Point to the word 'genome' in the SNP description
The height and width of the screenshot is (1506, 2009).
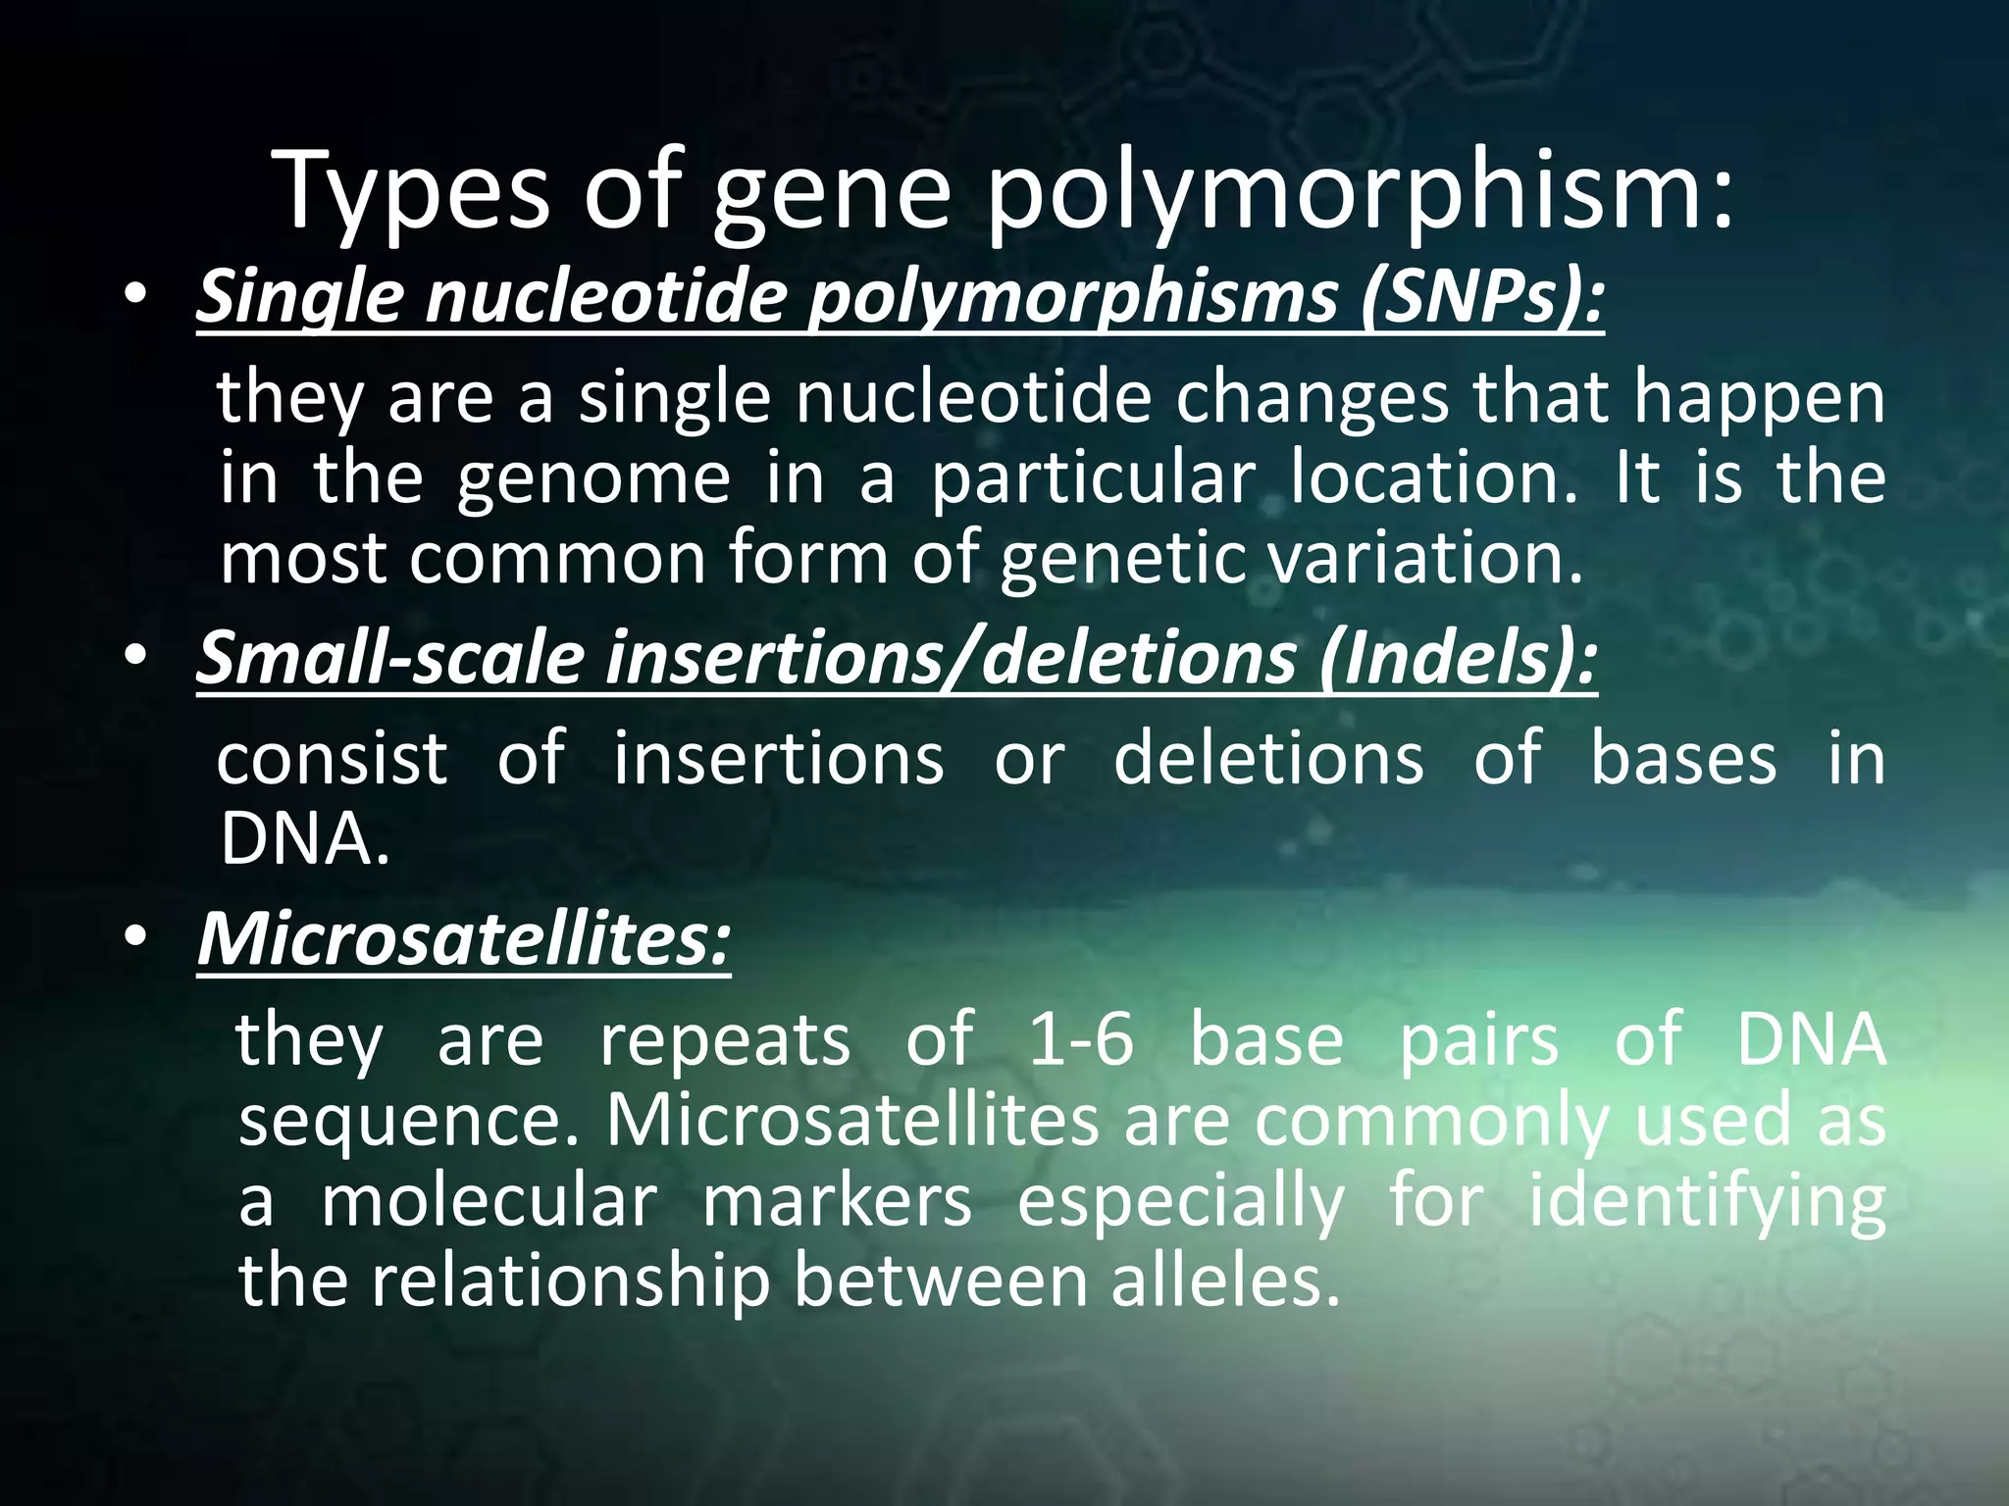(594, 478)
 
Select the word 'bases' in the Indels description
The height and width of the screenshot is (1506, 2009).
(1683, 758)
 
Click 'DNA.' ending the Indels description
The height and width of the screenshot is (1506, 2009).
(304, 840)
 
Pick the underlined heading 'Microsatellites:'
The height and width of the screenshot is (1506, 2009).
(464, 938)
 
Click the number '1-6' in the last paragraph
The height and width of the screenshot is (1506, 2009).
(1081, 1039)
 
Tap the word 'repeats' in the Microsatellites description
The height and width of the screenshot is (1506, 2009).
(725, 1041)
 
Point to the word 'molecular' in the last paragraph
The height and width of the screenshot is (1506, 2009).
(489, 1202)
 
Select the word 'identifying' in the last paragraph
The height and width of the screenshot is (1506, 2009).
(1707, 1204)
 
